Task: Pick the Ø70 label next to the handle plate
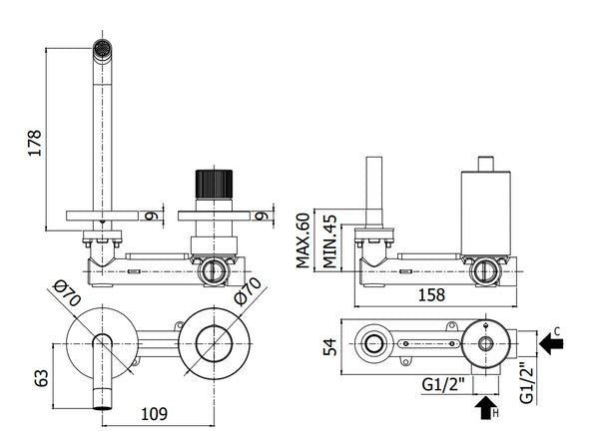tap(243, 295)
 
